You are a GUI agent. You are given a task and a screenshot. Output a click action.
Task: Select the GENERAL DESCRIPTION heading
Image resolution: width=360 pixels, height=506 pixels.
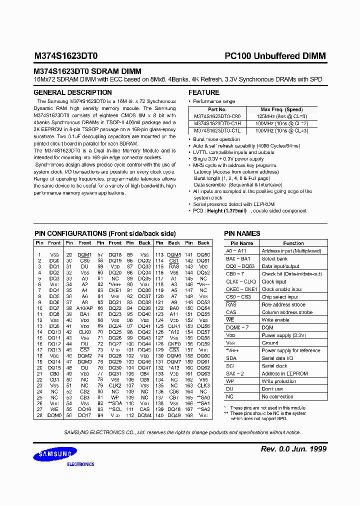coord(72,92)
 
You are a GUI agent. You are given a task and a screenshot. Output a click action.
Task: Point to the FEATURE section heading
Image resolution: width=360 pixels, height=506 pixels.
coord(203,92)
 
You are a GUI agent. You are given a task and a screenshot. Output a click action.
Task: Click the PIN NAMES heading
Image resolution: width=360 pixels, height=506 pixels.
coord(242,233)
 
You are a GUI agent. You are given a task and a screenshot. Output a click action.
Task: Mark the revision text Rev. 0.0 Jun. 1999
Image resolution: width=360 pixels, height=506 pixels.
coord(293,449)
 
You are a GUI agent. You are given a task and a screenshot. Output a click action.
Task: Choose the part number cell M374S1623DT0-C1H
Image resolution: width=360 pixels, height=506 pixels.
coord(217,123)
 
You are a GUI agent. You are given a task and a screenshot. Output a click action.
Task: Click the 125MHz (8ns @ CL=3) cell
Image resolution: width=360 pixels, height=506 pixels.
coord(281,116)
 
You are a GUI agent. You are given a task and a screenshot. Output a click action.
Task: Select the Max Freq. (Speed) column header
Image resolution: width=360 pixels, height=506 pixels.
coord(281,109)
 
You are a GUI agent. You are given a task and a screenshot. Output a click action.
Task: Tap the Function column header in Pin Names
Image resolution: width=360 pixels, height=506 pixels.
coord(293,243)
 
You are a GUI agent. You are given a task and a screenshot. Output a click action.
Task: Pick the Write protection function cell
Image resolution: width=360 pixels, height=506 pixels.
coord(278,381)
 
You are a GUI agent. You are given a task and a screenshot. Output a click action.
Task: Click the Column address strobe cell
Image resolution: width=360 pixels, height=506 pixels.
coord(286,312)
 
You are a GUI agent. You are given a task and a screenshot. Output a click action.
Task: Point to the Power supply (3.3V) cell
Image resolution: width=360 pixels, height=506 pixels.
coord(283,335)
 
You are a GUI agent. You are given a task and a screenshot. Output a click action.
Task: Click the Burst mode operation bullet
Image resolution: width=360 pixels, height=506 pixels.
coord(216,139)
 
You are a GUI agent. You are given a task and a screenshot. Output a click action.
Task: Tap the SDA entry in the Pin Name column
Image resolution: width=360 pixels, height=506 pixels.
coord(231,358)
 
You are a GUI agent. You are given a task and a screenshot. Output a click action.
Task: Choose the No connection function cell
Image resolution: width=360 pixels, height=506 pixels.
coord(277,396)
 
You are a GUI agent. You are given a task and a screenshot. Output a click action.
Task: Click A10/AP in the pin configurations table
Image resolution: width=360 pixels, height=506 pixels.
coord(84,308)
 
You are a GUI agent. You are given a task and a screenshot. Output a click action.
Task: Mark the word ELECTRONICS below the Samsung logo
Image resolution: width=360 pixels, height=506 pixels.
coord(80,464)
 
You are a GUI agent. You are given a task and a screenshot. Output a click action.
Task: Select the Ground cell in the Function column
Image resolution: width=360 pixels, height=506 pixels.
coord(270,343)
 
